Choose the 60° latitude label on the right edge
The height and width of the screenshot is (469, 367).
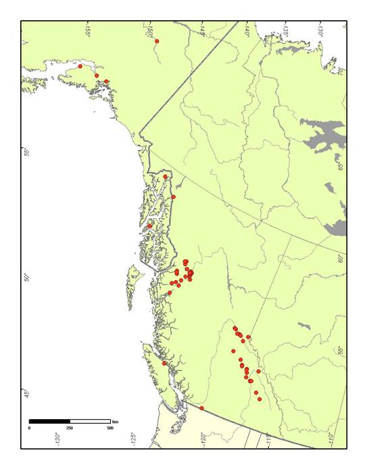pos(341,258)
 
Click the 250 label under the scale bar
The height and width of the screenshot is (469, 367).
pos(70,428)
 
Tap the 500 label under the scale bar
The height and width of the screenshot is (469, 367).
pos(110,428)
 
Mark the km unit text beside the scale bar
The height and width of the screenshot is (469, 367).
pos(116,421)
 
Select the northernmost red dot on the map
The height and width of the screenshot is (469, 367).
pos(157,41)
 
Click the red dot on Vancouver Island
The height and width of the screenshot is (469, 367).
pos(164,363)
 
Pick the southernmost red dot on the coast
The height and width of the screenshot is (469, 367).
pos(202,408)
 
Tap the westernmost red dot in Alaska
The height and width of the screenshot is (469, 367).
pos(80,66)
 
